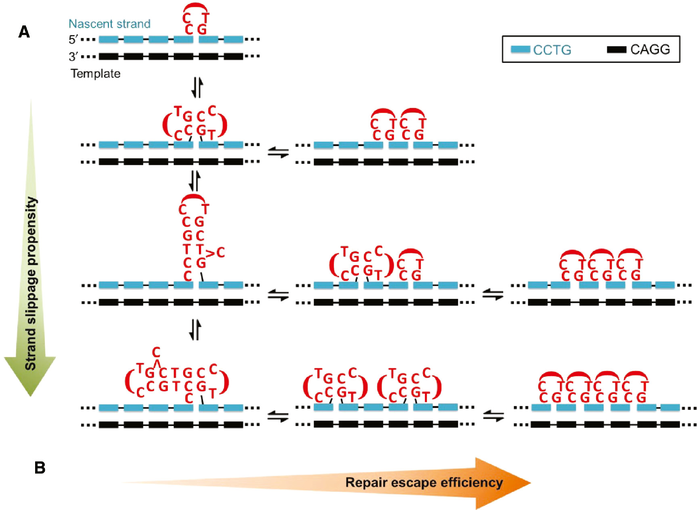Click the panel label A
[24, 32]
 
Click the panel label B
[40, 468]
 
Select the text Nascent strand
[109, 24]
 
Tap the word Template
[96, 73]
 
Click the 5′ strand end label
[73, 40]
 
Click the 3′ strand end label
[73, 56]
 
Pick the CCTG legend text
[552, 50]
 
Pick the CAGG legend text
[650, 49]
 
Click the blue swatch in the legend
[520, 49]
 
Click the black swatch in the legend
[616, 49]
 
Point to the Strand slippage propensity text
[31, 283]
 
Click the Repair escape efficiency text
[424, 483]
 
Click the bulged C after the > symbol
[220, 253]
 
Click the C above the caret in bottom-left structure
[156, 352]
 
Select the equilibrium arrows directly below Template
[197, 87]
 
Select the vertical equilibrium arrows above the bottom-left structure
[195, 330]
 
